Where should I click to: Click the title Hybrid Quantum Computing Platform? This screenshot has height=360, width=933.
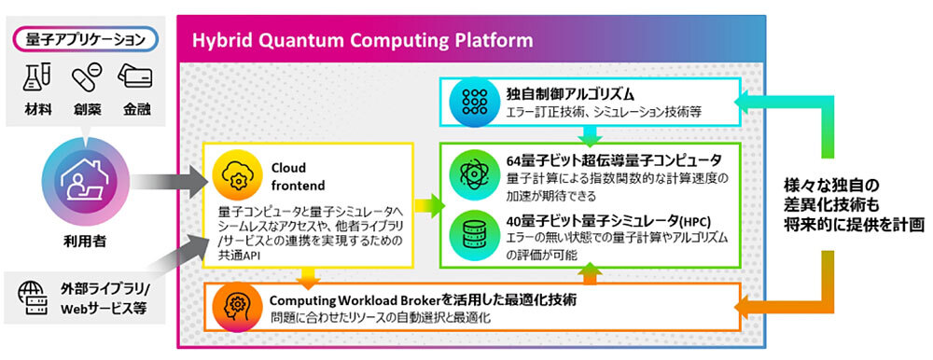[362, 40]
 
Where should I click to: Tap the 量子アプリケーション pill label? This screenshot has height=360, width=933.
[86, 40]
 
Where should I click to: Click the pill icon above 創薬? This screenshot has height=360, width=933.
[86, 77]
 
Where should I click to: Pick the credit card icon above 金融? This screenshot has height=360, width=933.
[135, 76]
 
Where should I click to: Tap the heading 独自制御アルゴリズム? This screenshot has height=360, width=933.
[561, 93]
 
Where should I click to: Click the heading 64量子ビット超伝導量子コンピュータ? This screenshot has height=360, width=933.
[614, 160]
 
